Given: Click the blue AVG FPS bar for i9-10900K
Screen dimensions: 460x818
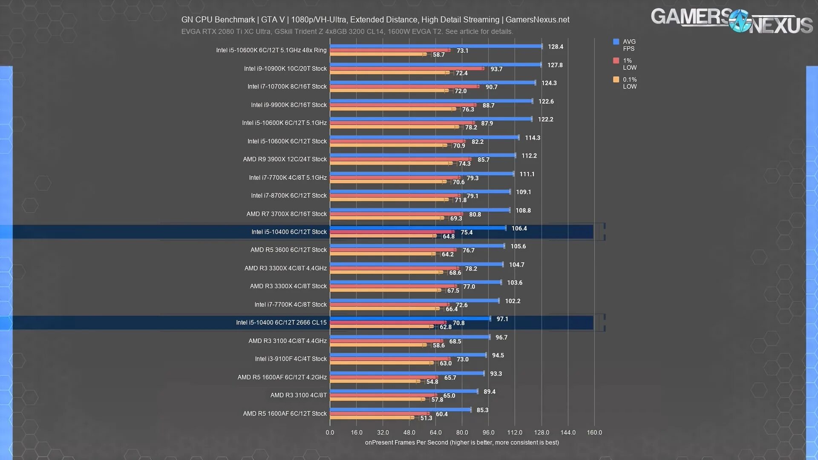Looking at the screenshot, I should [x=435, y=65].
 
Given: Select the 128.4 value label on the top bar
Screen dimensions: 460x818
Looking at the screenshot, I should [x=555, y=47].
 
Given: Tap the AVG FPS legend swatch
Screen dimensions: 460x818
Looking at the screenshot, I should [x=616, y=42].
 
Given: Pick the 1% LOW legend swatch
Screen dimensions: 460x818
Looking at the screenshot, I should [x=616, y=60].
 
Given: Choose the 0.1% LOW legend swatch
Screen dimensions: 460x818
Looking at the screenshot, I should [x=616, y=80].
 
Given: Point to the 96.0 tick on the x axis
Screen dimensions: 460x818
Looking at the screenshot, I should [x=488, y=432].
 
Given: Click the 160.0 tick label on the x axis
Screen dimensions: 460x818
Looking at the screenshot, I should [x=594, y=432].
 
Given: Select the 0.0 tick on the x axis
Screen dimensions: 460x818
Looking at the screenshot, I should [x=330, y=432].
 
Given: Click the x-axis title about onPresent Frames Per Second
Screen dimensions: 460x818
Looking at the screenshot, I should [x=462, y=443].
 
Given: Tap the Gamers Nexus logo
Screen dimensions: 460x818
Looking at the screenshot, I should [x=731, y=20].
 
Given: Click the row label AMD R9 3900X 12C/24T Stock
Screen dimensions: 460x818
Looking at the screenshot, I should [x=285, y=159].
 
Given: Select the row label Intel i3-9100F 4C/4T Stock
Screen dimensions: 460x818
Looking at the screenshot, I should [x=291, y=359].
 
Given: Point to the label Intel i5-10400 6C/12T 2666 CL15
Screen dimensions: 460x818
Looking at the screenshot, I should [x=281, y=322].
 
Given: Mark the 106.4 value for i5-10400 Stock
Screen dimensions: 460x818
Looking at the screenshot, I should [x=519, y=229].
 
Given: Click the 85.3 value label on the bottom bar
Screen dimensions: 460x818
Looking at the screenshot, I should [x=482, y=410].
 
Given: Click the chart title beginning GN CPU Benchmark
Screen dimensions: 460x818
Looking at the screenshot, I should [x=375, y=20].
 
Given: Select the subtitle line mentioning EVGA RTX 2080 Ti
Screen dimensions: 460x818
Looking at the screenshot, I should [x=347, y=32].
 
